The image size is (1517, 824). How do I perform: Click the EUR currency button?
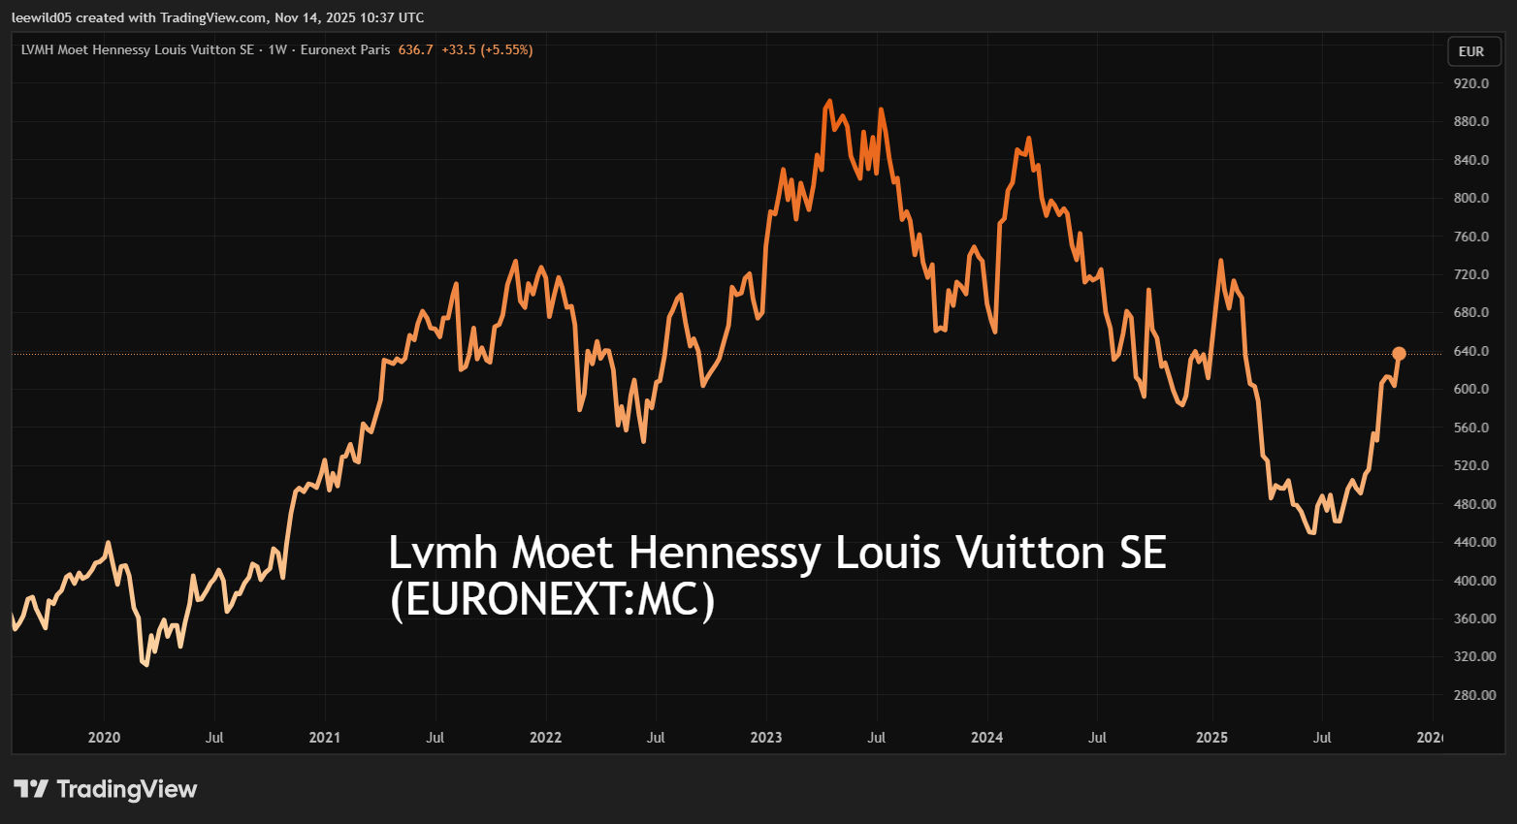click(x=1470, y=51)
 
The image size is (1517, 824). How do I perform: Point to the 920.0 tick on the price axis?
click(x=1470, y=83)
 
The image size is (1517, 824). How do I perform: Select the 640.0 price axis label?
click(x=1470, y=351)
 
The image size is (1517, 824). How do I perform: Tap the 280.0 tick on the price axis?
click(x=1470, y=695)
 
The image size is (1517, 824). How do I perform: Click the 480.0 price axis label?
click(x=1470, y=504)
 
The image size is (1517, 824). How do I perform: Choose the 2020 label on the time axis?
click(x=104, y=738)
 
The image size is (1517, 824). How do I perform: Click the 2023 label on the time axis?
click(x=765, y=738)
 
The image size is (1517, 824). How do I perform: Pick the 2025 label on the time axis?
click(x=1211, y=738)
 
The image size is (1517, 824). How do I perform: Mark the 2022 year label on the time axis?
click(x=545, y=738)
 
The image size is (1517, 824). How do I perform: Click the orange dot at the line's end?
click(x=1399, y=354)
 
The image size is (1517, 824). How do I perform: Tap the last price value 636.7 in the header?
click(x=415, y=49)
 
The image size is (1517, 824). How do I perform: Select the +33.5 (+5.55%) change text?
click(x=487, y=49)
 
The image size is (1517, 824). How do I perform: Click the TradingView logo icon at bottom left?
click(x=31, y=789)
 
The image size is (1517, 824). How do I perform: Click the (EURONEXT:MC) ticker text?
click(x=552, y=600)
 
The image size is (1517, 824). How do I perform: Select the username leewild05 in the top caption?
click(x=42, y=17)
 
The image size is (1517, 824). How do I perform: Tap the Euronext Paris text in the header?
click(x=345, y=49)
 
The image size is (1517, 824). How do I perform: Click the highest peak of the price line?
click(x=829, y=101)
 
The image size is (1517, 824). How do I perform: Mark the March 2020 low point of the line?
click(x=145, y=664)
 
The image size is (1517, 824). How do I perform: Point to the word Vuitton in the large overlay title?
click(x=1030, y=553)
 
